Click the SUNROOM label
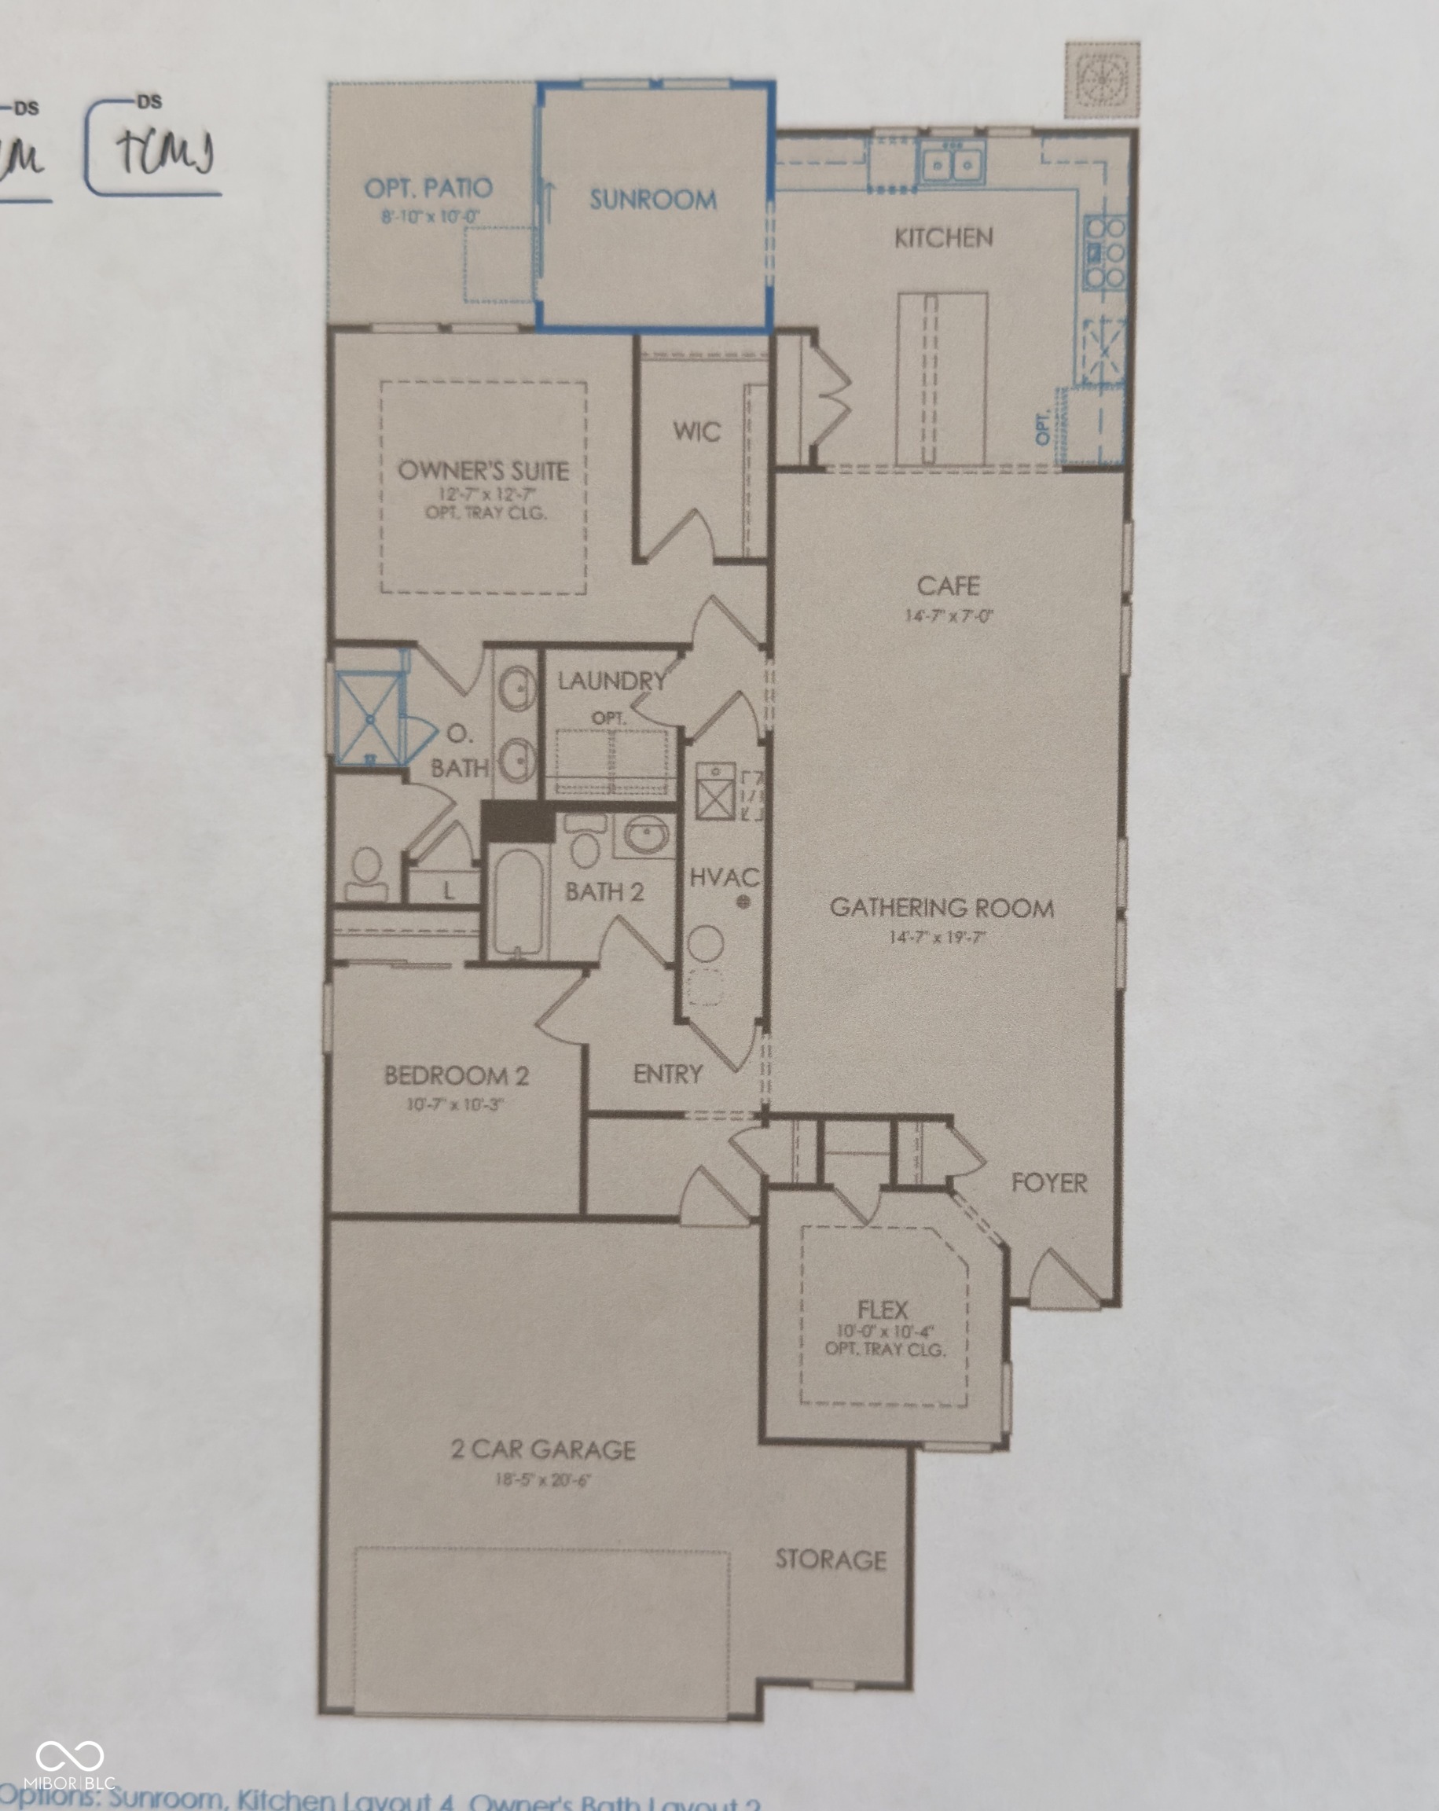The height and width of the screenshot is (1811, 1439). (653, 200)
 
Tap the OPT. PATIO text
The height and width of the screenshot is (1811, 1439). (428, 188)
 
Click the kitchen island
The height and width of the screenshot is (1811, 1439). (942, 378)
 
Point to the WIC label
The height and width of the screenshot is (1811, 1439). (696, 432)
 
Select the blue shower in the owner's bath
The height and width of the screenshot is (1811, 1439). (369, 720)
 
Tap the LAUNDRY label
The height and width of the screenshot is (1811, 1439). (611, 681)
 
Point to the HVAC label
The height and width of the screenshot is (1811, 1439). (723, 878)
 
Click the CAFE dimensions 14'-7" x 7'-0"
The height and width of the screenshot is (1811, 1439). (949, 615)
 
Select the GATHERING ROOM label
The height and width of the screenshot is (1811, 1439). (942, 908)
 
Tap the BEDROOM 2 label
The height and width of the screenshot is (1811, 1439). (456, 1076)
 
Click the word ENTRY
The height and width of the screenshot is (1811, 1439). (668, 1074)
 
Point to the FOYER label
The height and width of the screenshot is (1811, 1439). (1048, 1184)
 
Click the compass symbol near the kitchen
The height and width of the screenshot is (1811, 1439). (1102, 80)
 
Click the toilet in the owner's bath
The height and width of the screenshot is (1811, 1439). (365, 876)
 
